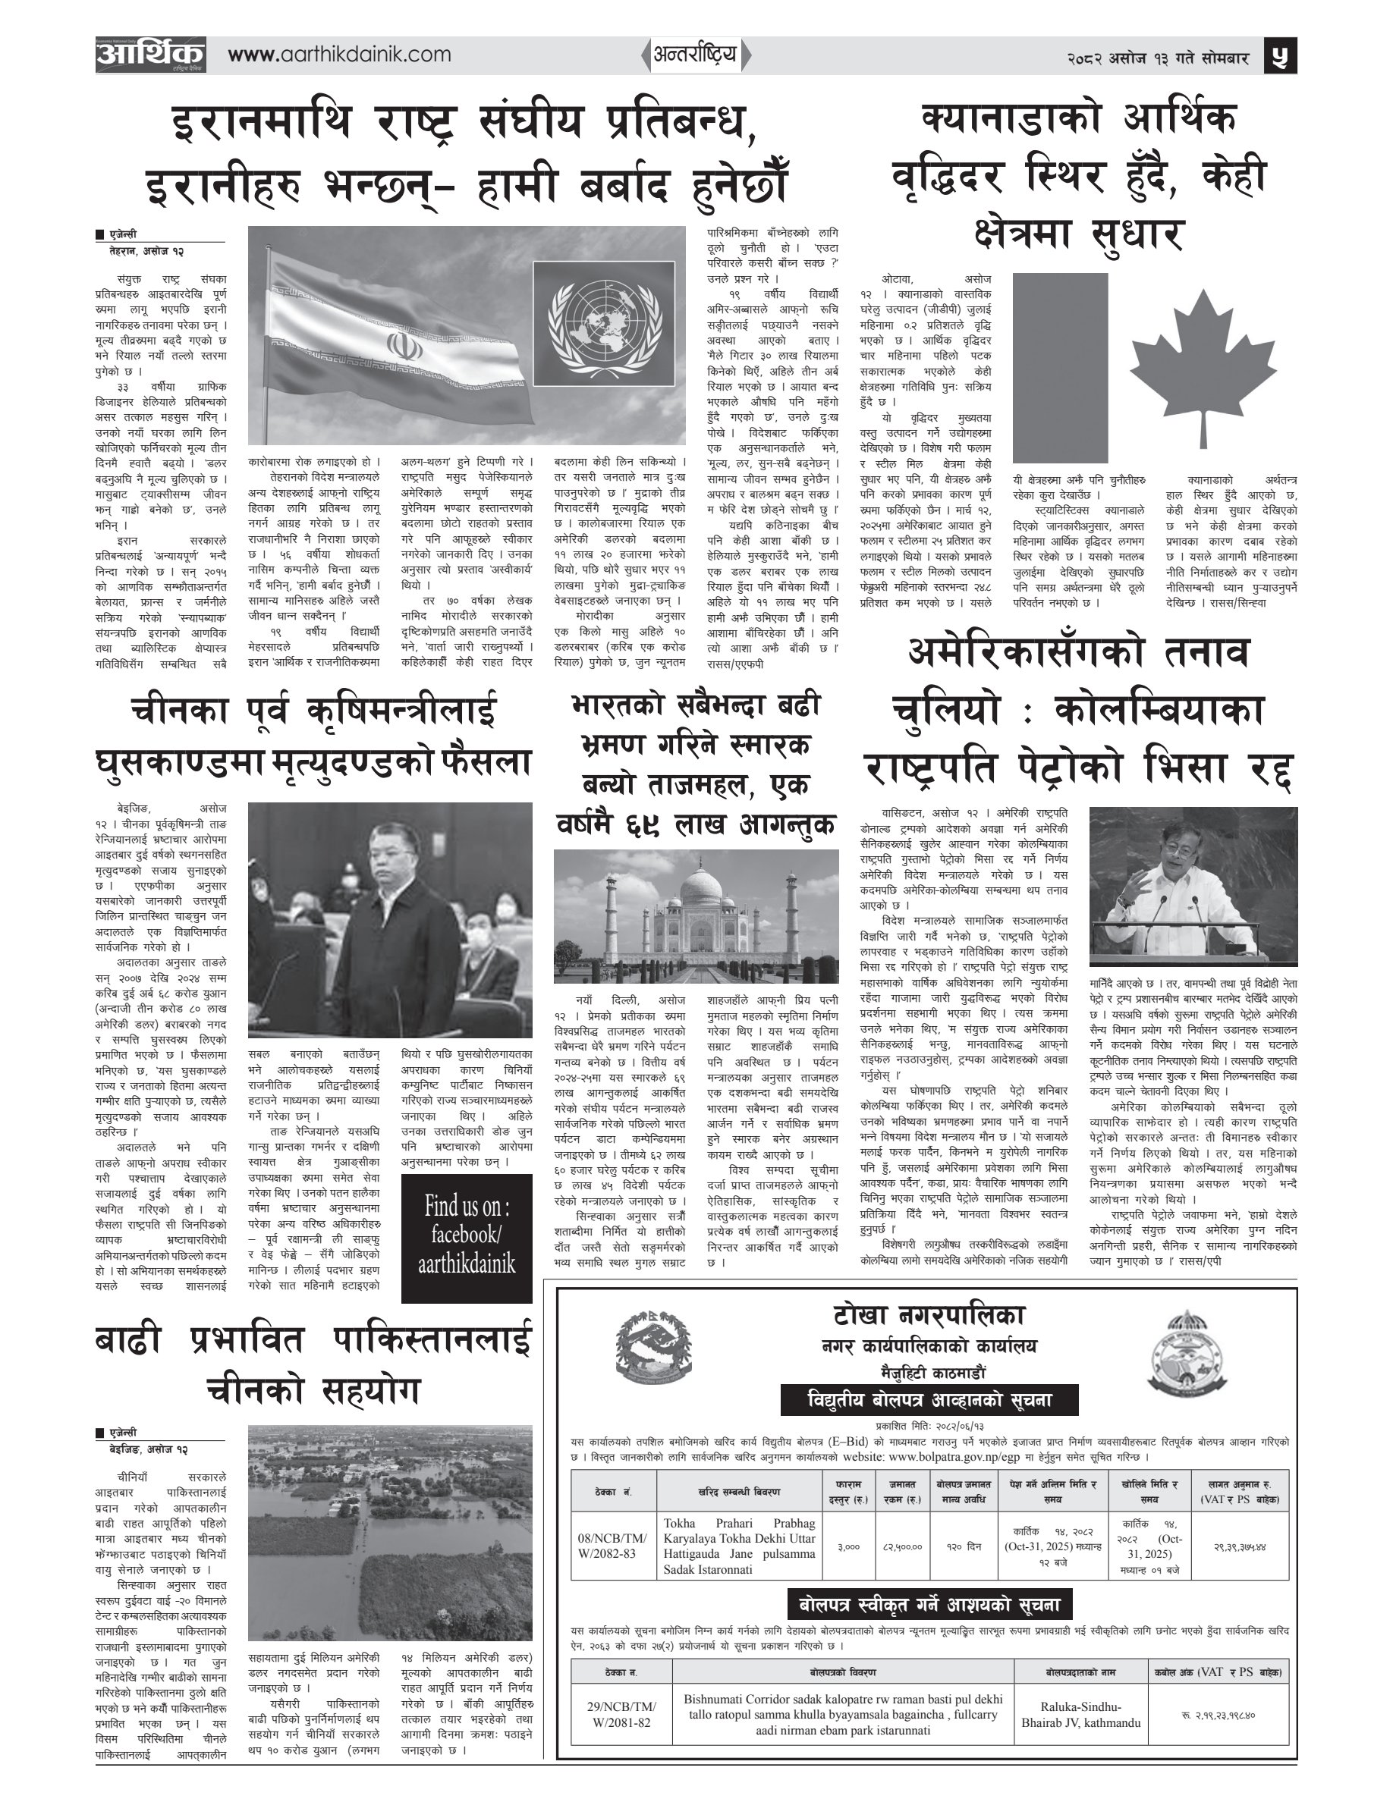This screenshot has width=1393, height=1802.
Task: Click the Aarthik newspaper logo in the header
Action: pyautogui.click(x=150, y=55)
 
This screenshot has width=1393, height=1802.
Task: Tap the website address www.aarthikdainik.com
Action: pyautogui.click(x=339, y=55)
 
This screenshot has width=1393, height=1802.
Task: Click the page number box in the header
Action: pyautogui.click(x=1281, y=56)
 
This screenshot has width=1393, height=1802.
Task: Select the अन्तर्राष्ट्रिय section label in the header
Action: pyautogui.click(x=695, y=55)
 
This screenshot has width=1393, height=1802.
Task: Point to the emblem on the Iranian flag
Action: pyautogui.click(x=399, y=344)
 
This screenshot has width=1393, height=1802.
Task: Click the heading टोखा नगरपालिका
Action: pyautogui.click(x=928, y=1315)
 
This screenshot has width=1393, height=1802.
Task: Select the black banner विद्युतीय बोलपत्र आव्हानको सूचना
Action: pyautogui.click(x=929, y=1399)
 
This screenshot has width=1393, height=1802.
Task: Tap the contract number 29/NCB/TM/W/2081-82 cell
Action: pyautogui.click(x=621, y=1715)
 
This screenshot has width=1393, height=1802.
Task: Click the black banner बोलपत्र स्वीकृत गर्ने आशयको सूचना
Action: pyautogui.click(x=929, y=1605)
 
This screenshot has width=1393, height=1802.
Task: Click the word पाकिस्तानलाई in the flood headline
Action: pyautogui.click(x=432, y=1341)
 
